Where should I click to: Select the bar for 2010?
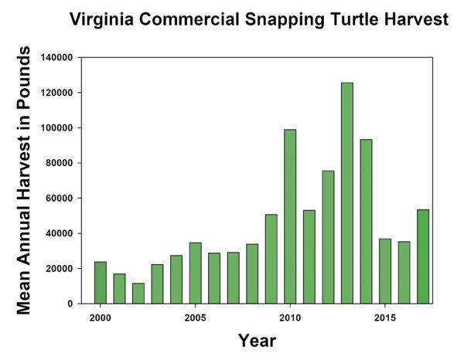click(290, 216)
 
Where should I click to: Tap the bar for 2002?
click(138, 294)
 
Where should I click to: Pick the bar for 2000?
click(101, 283)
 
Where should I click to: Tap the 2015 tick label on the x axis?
click(384, 318)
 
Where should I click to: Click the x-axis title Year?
click(257, 340)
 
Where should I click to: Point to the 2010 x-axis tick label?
click(290, 318)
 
